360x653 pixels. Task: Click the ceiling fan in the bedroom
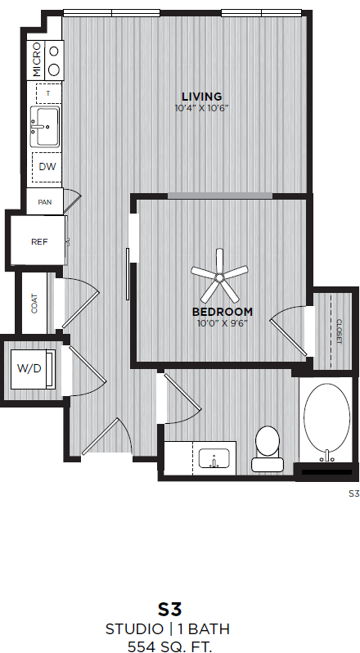tap(219, 278)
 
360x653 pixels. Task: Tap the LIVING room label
tap(201, 97)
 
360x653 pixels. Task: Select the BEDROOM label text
tap(222, 312)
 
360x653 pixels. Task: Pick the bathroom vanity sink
tap(214, 457)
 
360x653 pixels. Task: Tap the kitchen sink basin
tap(45, 126)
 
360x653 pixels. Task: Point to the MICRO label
tap(37, 60)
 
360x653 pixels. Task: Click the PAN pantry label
tap(45, 200)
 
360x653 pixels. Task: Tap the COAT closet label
tap(34, 304)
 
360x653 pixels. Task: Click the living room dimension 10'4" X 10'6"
tap(200, 108)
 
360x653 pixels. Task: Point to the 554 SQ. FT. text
tap(169, 646)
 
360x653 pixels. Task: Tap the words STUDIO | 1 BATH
tap(168, 628)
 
